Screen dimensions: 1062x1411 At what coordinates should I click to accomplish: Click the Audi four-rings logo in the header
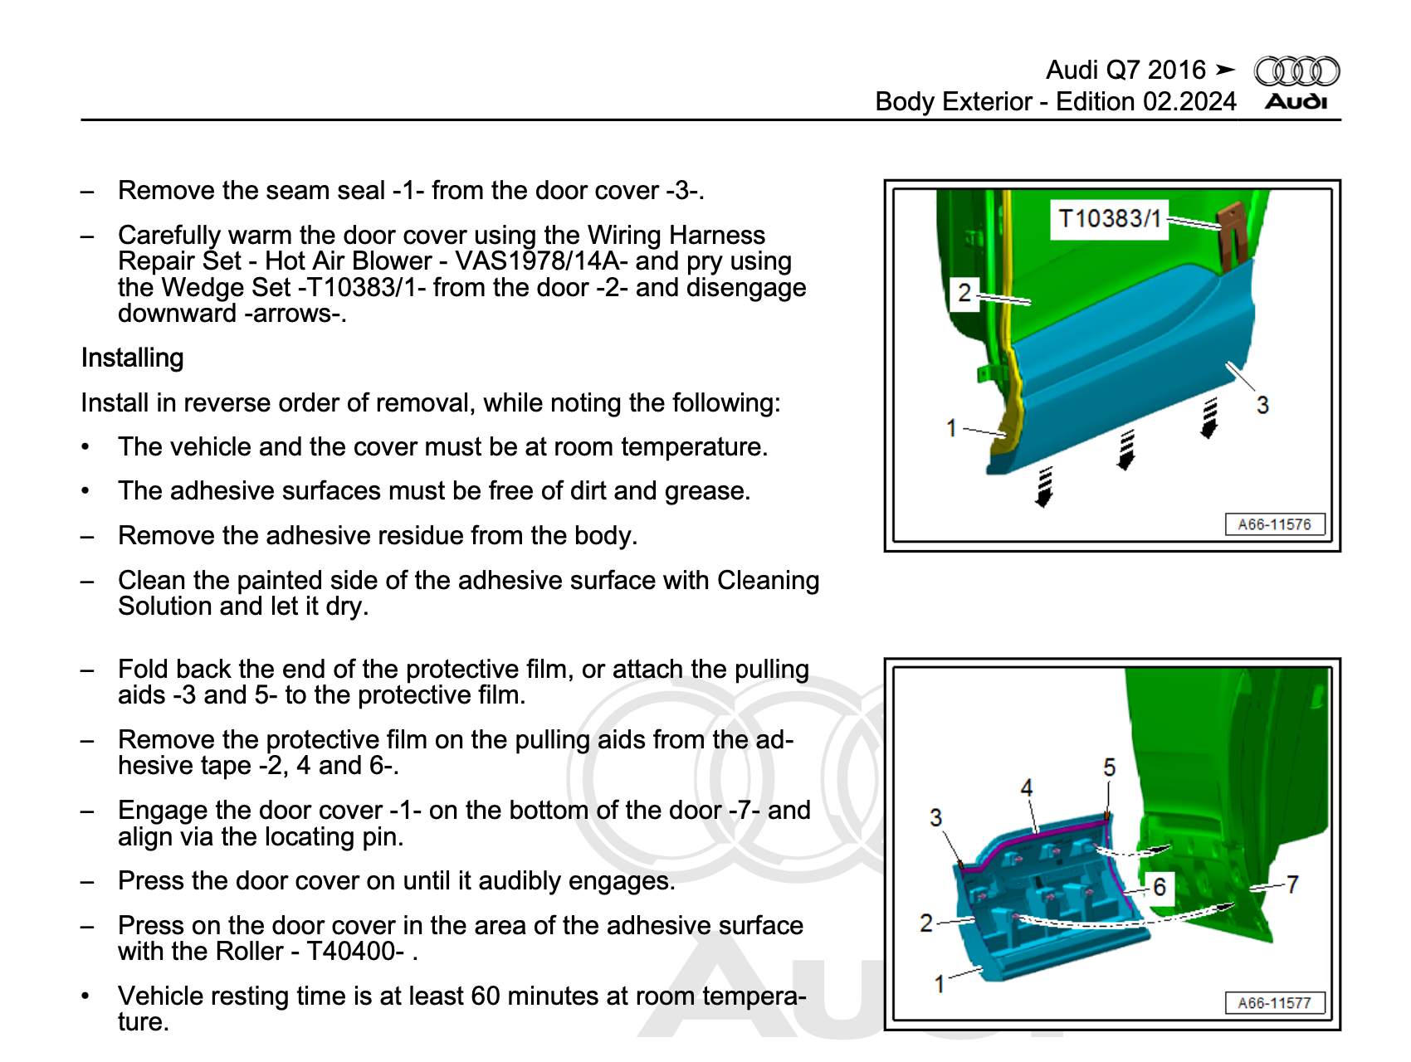(1296, 71)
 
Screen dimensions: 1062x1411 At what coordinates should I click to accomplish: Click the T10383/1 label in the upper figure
(1109, 219)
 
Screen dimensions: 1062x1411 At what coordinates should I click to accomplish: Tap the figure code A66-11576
(1274, 524)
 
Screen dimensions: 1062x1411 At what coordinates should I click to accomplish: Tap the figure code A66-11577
(1274, 1003)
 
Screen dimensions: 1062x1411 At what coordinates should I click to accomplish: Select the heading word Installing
(133, 358)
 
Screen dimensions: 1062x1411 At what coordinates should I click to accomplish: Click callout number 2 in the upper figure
(964, 293)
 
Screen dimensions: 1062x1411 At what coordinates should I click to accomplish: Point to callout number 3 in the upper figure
(1262, 406)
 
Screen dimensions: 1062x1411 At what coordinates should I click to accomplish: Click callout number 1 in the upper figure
(951, 428)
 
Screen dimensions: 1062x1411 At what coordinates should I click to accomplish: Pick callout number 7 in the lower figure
(1292, 884)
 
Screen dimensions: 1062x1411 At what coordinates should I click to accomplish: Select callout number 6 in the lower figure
(1160, 887)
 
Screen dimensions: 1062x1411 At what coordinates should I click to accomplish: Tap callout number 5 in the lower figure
(1109, 767)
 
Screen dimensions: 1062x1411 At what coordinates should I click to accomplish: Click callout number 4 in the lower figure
(1027, 787)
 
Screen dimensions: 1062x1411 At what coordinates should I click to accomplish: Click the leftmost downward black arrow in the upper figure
(1044, 487)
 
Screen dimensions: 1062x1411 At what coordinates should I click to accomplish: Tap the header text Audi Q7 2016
(1125, 71)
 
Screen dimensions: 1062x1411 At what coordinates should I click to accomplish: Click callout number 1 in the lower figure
(939, 984)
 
